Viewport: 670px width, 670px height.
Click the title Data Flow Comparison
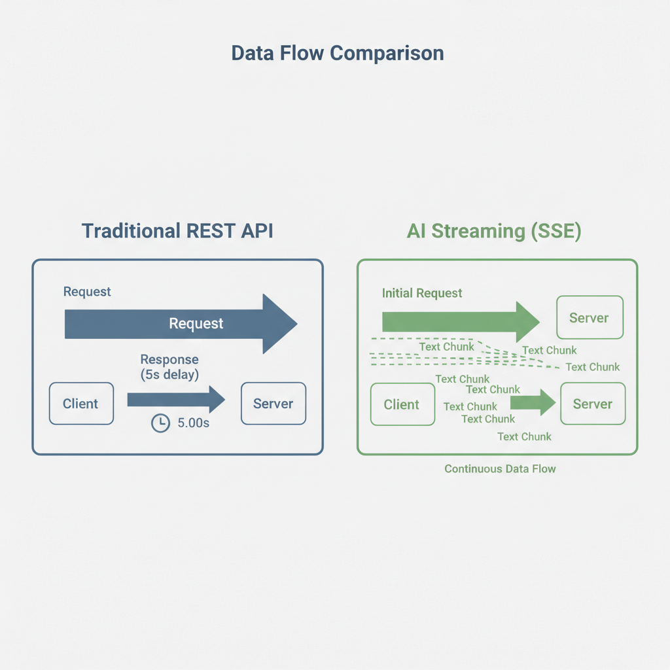338,54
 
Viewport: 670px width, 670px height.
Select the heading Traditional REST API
177,231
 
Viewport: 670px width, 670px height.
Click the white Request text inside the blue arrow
196,323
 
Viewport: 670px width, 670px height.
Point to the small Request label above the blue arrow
87,292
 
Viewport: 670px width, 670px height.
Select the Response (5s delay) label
169,367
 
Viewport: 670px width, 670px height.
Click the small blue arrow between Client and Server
176,399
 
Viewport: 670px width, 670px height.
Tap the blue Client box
81,404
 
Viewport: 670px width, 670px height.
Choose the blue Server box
273,404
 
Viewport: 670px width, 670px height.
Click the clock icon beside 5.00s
160,424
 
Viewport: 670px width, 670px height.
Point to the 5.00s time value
193,424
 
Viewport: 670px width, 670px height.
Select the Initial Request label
422,293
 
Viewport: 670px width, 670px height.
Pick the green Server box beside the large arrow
589,318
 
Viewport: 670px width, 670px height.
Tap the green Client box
402,404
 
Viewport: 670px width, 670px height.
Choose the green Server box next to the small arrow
592,404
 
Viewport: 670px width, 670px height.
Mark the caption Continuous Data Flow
500,469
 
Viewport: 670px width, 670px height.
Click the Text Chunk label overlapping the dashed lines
446,347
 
